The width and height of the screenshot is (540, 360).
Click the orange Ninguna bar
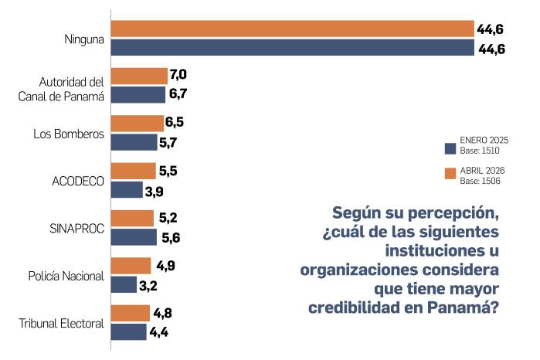pos(292,29)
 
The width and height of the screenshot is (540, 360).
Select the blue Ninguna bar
pos(292,48)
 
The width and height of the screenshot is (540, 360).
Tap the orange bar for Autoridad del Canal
pos(139,76)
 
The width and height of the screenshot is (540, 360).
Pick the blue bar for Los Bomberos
pos(134,142)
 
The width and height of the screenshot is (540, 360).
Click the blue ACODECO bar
pos(127,190)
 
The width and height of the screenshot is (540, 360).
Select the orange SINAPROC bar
pos(132,219)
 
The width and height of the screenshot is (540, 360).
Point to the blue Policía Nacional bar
pos(124,284)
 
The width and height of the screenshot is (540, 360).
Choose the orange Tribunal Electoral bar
pos(131,313)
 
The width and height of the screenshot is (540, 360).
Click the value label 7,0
pos(178,75)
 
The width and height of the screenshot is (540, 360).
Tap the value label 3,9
pos(155,190)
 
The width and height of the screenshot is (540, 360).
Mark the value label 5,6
pos(171,237)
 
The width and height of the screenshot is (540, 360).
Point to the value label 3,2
pos(149,284)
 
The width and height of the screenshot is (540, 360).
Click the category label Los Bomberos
pos(68,134)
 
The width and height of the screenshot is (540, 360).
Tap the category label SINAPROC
pos(76,228)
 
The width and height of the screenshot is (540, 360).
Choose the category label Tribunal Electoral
pos(61,323)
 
